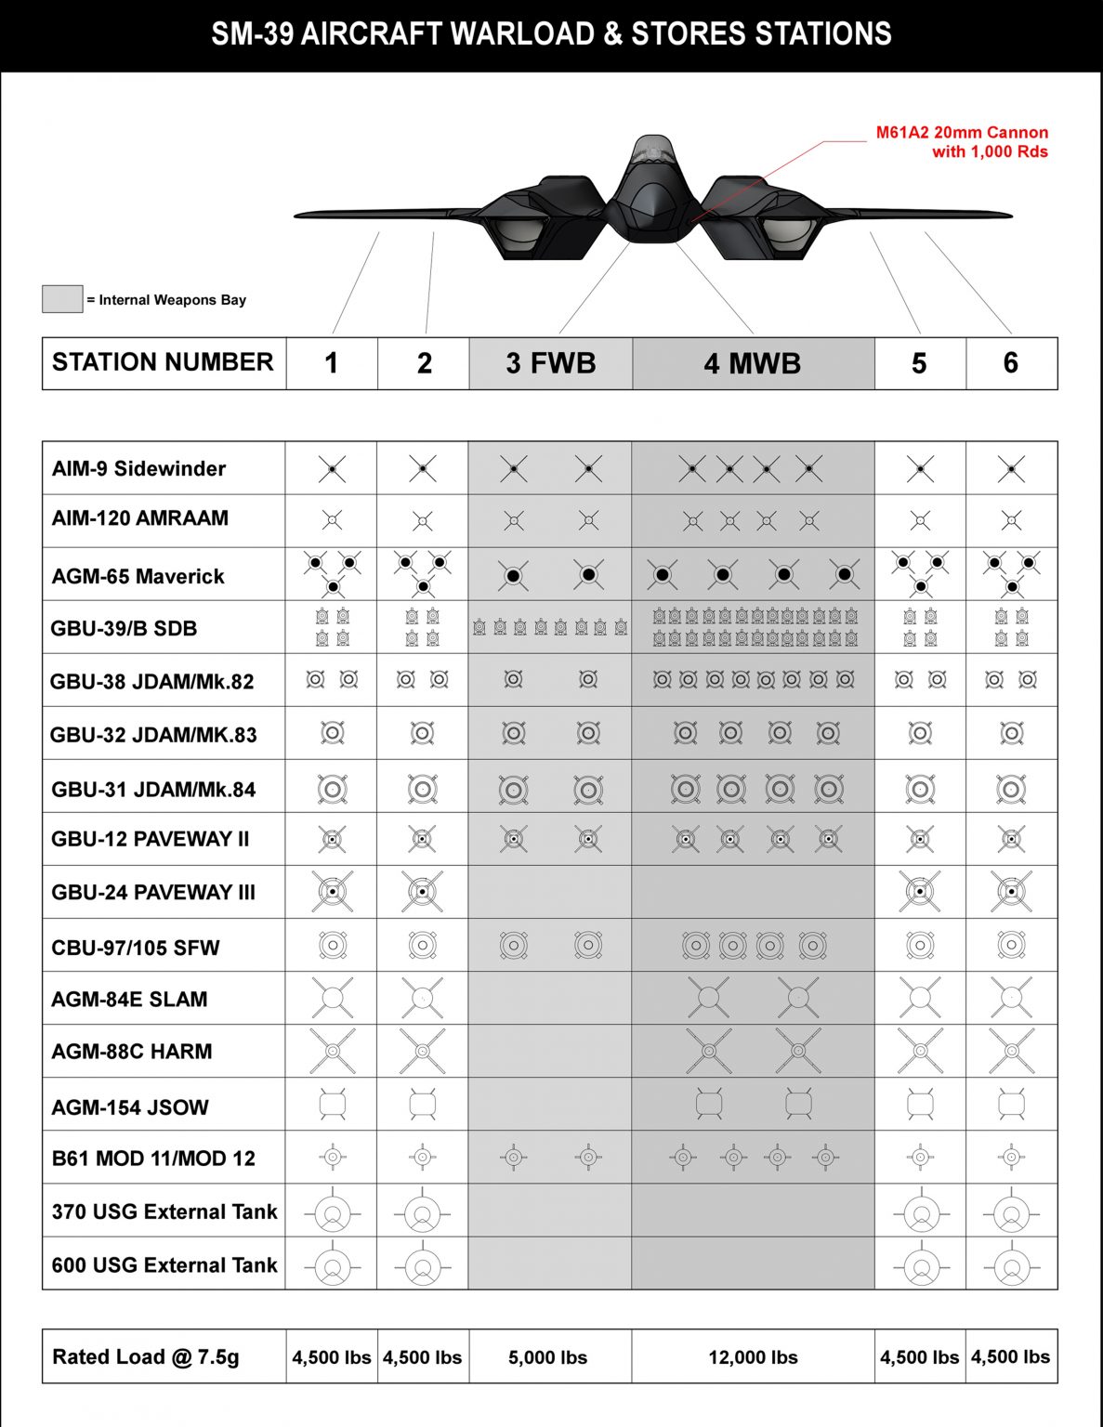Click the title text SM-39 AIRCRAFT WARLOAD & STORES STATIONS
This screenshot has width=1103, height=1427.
[551, 34]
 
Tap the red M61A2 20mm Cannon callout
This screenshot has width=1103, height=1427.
[962, 142]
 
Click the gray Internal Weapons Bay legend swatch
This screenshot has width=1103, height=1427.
[62, 299]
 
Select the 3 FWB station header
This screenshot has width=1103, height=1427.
[550, 363]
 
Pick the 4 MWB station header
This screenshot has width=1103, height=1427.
[753, 363]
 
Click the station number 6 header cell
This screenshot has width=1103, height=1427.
[1011, 363]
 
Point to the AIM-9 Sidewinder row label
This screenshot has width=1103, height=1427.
[138, 468]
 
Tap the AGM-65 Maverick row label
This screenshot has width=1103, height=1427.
[138, 576]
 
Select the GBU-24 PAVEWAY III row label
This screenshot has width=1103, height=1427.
[153, 892]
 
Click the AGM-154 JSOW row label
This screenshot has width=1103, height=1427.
[130, 1106]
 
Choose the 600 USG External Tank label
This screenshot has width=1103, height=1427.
[164, 1264]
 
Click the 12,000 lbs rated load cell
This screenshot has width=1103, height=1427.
[753, 1357]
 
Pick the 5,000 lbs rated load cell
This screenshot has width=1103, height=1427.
[548, 1357]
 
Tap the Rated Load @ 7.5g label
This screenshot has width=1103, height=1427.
[146, 1356]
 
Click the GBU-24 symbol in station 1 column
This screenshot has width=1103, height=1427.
[332, 892]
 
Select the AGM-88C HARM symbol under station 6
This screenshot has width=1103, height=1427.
[1011, 1051]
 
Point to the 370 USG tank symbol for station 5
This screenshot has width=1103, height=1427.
[921, 1212]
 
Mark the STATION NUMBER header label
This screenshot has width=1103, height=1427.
[163, 362]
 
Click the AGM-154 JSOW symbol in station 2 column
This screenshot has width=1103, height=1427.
[423, 1104]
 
